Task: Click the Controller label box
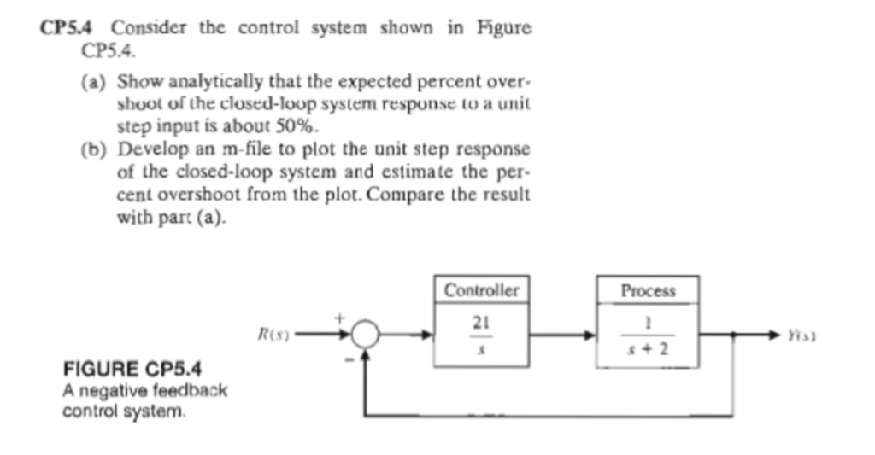[x=481, y=289]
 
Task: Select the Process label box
[x=648, y=290]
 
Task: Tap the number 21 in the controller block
[x=481, y=324]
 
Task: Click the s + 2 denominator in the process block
[x=647, y=350]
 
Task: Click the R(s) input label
[x=275, y=334]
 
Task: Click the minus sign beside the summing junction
[x=349, y=361]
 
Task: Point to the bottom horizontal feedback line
[x=547, y=416]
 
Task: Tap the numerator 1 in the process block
[x=648, y=324]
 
